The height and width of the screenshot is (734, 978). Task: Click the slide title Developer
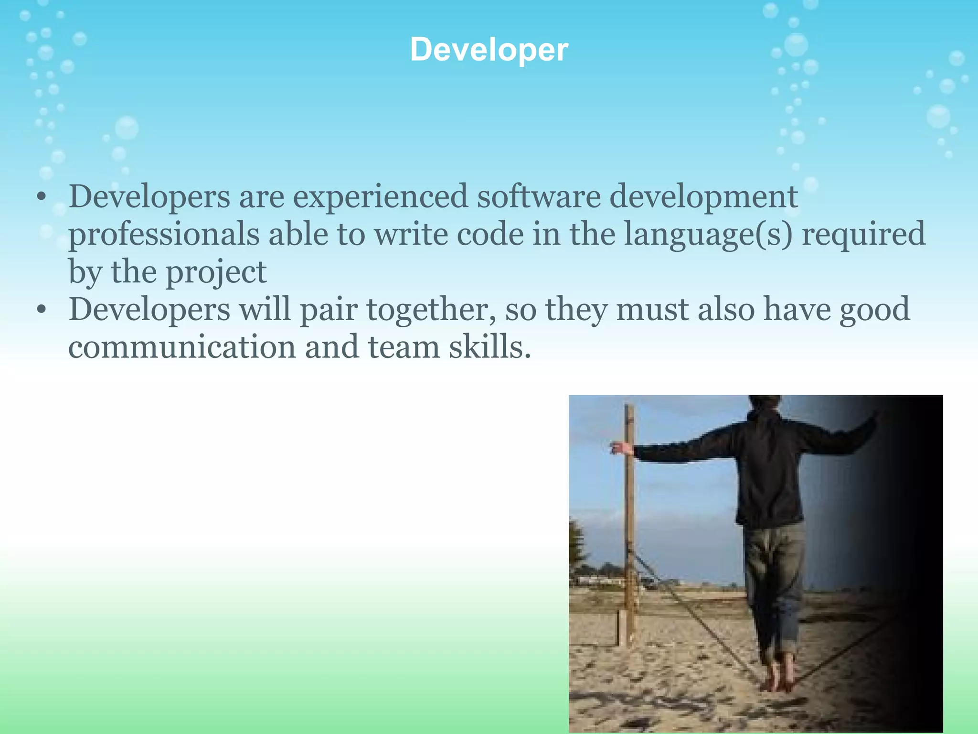pyautogui.click(x=489, y=50)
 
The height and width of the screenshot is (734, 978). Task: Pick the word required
pyautogui.click(x=863, y=235)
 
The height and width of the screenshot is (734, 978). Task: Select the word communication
pyautogui.click(x=182, y=347)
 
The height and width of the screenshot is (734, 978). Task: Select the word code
pyautogui.click(x=490, y=235)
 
